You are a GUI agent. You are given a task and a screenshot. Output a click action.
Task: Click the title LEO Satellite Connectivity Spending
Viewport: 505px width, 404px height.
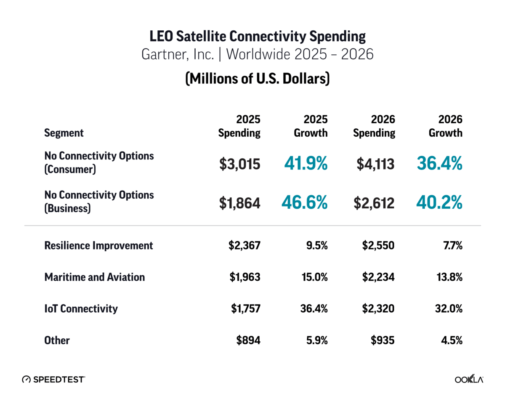[x=258, y=36]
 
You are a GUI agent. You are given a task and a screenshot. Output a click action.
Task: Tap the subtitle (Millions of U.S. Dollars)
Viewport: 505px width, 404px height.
[x=257, y=79]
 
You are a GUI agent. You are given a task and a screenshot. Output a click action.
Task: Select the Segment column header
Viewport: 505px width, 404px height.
[x=64, y=133]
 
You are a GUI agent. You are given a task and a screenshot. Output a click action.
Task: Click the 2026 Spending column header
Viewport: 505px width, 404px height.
[x=374, y=126]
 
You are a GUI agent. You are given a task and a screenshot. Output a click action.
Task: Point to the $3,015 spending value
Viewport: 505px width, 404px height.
[x=239, y=164]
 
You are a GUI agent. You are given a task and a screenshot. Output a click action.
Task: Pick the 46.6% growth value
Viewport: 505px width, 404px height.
[x=304, y=203]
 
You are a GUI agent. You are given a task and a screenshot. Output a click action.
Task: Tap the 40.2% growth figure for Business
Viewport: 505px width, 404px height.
[x=439, y=203]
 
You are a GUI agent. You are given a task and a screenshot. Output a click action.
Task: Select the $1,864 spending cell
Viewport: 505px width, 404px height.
[x=239, y=203]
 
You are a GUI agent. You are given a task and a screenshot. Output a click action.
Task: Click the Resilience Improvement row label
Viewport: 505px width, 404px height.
[x=98, y=245]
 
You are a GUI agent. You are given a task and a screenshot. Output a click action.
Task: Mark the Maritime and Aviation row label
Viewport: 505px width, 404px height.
[x=94, y=277]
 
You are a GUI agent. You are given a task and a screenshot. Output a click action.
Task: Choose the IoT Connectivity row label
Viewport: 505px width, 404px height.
[x=81, y=308]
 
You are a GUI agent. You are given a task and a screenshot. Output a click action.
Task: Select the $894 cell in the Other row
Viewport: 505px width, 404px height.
[x=248, y=340]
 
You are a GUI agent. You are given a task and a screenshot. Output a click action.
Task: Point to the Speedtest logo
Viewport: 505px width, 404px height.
[x=53, y=379]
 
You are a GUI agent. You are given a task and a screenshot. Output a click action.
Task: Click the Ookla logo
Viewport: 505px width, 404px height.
[x=469, y=379]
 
